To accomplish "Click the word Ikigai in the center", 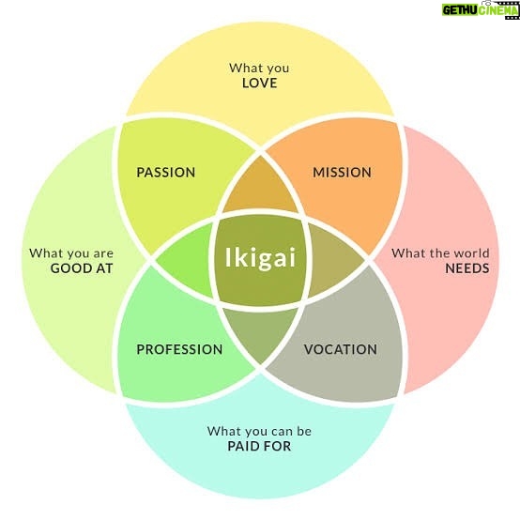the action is pos(260,258).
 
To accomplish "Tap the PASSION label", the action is pos(166,173).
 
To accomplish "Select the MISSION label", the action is pos(342,173).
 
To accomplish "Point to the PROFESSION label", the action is pos(179,349).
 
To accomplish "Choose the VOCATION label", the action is pos(341,349).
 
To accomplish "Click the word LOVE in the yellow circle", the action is pos(260,84).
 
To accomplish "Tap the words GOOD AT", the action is pos(82,268).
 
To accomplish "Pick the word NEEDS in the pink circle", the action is pos(467,268).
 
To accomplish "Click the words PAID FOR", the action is pos(259,446).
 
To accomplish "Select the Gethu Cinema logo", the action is pos(481,10).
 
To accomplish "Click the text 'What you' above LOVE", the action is pos(259,68).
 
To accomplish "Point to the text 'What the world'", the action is pos(440,253).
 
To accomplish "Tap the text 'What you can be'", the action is pos(259,431).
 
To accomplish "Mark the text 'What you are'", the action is pos(71,253).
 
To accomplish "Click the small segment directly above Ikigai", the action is pos(261,189).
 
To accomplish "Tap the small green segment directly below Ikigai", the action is pos(261,333).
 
